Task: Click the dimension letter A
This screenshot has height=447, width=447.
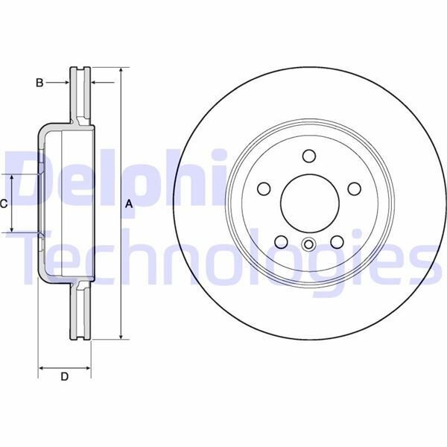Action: click(x=128, y=204)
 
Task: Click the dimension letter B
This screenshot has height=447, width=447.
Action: click(x=40, y=83)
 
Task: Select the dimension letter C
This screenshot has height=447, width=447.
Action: click(x=4, y=203)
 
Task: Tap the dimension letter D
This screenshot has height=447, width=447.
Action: click(x=64, y=377)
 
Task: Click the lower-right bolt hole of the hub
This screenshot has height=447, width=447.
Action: click(x=336, y=241)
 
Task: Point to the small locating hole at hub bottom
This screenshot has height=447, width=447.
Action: click(x=309, y=243)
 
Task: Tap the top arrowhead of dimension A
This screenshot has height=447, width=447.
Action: click(x=120, y=70)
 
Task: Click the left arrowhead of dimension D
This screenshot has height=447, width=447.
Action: click(x=42, y=367)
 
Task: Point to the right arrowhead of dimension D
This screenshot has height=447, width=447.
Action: click(x=89, y=367)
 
